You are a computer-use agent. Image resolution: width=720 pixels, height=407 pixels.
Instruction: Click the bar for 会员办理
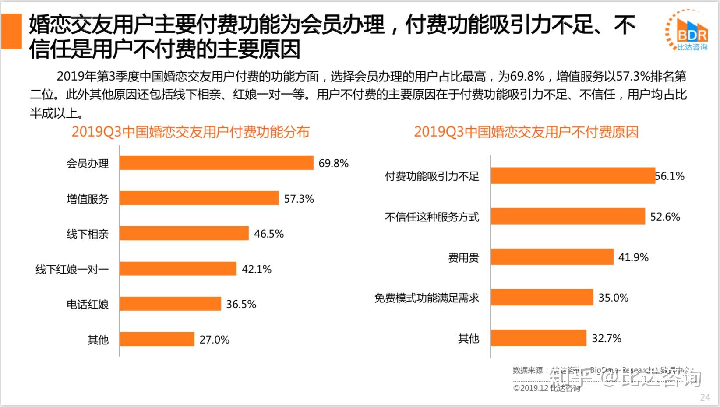pyautogui.click(x=216, y=163)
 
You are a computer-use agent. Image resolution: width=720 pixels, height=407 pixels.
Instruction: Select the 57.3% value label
pyautogui.click(x=299, y=199)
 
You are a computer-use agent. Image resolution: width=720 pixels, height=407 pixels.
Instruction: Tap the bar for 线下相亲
pyautogui.click(x=184, y=233)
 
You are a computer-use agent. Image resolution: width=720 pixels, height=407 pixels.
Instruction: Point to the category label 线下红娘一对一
pyautogui.click(x=72, y=269)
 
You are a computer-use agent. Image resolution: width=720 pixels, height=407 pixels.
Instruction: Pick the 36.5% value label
pyautogui.click(x=241, y=304)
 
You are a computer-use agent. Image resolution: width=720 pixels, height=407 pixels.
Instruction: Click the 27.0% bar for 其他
pyautogui.click(x=157, y=339)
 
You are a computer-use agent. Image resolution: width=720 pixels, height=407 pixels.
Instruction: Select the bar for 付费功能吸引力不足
pyautogui.click(x=572, y=176)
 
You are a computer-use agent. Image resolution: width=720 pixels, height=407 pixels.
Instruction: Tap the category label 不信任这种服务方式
pyautogui.click(x=432, y=217)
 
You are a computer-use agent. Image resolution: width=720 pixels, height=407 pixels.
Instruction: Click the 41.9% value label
pyautogui.click(x=633, y=257)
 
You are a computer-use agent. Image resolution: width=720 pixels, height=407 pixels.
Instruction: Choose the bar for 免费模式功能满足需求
pyautogui.click(x=542, y=298)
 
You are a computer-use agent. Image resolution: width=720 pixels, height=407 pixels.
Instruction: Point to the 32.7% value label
pyautogui.click(x=607, y=338)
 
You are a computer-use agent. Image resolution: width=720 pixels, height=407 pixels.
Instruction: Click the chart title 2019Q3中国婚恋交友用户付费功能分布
pyautogui.click(x=191, y=132)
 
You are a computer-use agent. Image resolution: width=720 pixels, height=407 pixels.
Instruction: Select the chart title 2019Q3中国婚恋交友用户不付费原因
pyautogui.click(x=526, y=132)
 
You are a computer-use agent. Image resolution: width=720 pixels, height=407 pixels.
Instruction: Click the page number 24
pyautogui.click(x=705, y=397)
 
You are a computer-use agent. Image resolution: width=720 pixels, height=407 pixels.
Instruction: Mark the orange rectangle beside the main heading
pyautogui.click(x=11, y=31)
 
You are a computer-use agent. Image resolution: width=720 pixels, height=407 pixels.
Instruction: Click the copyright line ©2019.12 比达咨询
pyautogui.click(x=547, y=388)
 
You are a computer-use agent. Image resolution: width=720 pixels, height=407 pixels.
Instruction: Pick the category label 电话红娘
pyautogui.click(x=88, y=304)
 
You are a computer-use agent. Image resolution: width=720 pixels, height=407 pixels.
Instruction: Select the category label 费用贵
pyautogui.click(x=463, y=257)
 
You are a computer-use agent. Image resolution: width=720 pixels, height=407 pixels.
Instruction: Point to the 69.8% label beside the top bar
pyautogui.click(x=334, y=163)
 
